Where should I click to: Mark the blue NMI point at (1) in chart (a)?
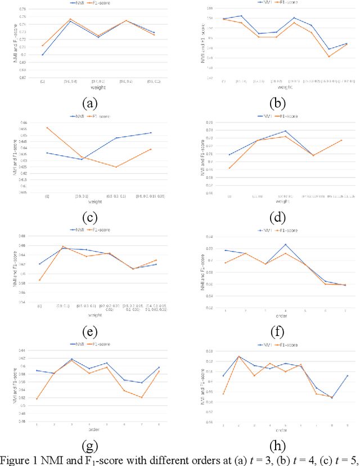[x=43, y=55]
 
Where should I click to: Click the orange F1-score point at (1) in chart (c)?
[x=47, y=127]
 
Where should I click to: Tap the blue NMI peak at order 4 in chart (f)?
[x=285, y=244]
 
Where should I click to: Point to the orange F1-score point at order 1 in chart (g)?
[x=37, y=399]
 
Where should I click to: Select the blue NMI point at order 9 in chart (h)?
[x=347, y=375]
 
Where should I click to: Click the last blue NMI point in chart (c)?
[x=151, y=133]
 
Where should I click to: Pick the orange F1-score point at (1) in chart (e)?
[x=39, y=280]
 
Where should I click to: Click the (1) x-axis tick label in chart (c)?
[x=47, y=196]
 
